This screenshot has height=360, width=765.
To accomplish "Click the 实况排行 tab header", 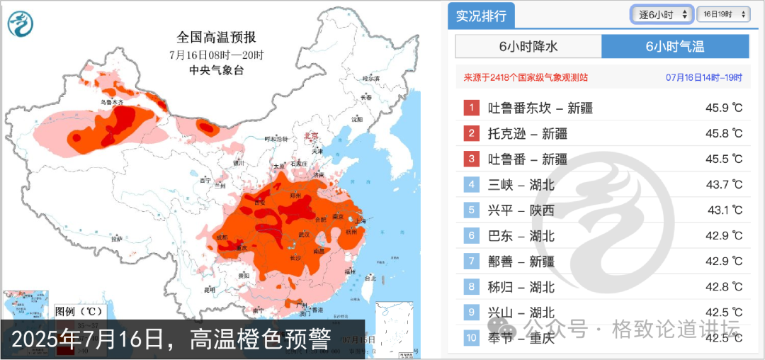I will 481,16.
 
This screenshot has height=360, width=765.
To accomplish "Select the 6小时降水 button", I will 528,47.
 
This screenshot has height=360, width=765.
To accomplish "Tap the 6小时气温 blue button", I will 674,47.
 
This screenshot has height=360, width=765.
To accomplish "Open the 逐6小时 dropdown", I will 662,14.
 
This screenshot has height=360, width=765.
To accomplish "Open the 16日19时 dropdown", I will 722,14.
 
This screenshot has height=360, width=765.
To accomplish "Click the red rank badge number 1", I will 472,108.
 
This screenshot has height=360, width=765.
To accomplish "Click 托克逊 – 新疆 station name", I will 528,133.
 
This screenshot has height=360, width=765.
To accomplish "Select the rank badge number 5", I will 472,210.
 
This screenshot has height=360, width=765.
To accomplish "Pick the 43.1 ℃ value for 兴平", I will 725,210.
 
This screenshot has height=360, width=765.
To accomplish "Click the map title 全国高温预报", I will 216,38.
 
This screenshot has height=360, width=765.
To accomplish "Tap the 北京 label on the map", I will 311,135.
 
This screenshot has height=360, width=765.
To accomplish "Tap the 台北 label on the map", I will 369,279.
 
